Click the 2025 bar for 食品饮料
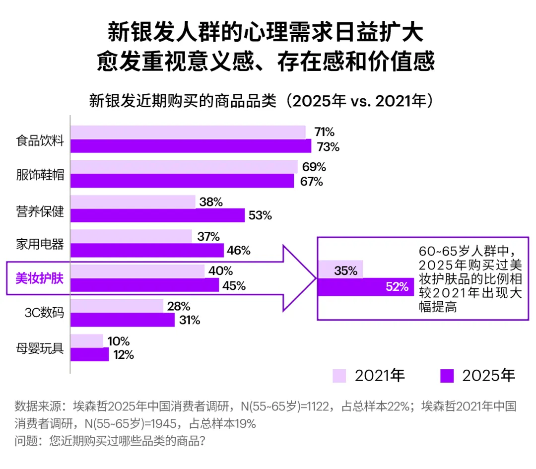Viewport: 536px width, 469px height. coord(191,146)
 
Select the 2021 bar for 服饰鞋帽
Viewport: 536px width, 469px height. coord(184,167)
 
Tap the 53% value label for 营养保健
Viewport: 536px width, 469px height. coord(260,216)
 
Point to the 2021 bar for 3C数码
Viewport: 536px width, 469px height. coord(117,306)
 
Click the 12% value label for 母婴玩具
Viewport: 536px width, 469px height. coord(122,355)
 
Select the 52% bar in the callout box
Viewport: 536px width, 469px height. coord(365,286)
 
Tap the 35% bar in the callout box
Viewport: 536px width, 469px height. coord(340,269)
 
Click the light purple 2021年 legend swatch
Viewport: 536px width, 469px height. coord(339,376)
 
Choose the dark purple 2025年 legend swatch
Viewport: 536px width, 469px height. coord(447,376)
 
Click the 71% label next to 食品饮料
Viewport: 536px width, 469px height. coord(324,132)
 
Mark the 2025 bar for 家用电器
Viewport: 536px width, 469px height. coord(147,251)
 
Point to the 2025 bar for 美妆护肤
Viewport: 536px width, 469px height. coord(144,285)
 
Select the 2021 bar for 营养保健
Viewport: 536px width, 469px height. coord(133,202)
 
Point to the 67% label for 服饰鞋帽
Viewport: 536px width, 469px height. coord(312,182)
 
